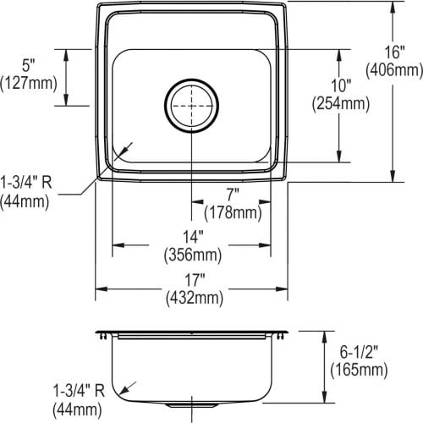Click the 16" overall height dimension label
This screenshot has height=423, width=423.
[395, 52]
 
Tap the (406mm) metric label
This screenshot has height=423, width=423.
[394, 70]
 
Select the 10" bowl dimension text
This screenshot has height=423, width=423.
[341, 85]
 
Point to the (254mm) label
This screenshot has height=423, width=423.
[341, 103]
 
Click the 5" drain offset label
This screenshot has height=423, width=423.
[28, 65]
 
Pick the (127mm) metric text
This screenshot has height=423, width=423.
[29, 83]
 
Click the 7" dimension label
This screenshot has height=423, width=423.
[233, 195]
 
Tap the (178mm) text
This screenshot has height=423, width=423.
[233, 212]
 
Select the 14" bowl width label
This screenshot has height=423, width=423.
[193, 237]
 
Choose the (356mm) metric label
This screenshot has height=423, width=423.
[193, 255]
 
